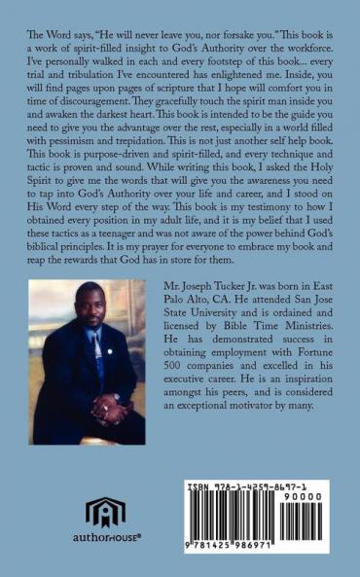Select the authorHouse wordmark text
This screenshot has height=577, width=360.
tap(105, 537)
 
